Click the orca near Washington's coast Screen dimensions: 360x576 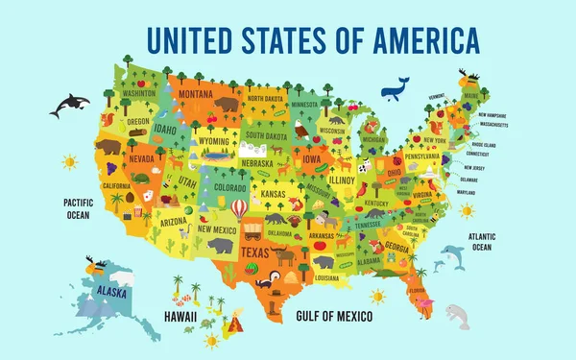[x=68, y=105]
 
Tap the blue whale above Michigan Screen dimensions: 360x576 [x=396, y=88]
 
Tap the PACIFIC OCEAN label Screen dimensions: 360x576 [x=77, y=208]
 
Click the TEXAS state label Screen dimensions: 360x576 [x=252, y=252]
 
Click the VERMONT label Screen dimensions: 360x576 [x=438, y=96]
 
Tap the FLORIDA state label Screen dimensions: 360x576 [x=416, y=289]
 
